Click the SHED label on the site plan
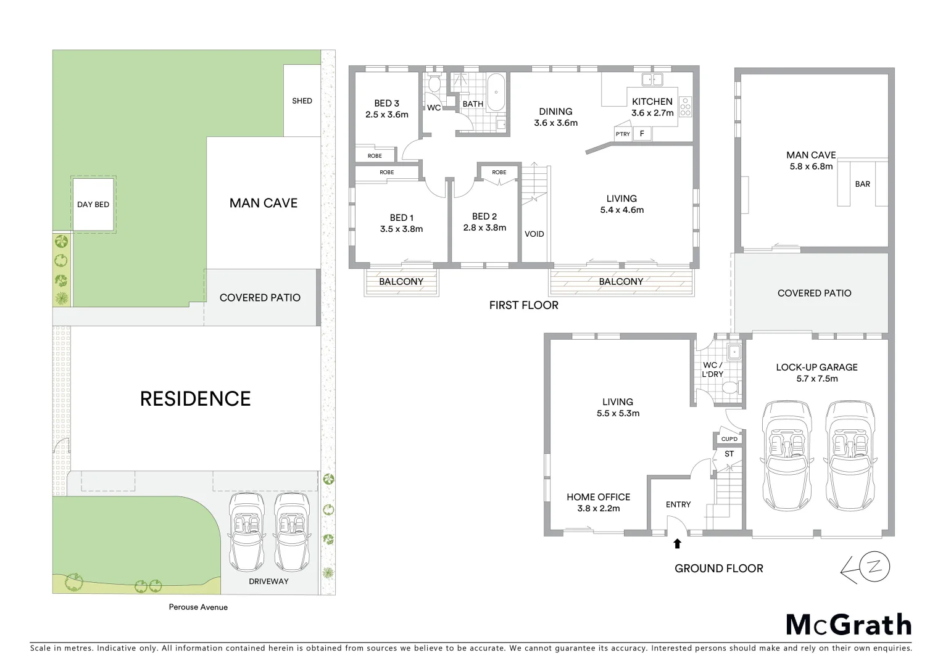[302, 101]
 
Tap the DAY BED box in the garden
[93, 204]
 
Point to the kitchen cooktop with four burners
[685, 107]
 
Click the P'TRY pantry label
[623, 134]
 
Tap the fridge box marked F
[642, 133]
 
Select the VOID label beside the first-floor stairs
[534, 234]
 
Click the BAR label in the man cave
[862, 184]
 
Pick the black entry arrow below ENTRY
[677, 543]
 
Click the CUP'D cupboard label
[729, 439]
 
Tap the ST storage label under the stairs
[729, 454]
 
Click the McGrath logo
[849, 625]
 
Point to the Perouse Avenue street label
[198, 607]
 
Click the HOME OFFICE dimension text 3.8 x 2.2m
[598, 509]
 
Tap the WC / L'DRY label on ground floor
[712, 369]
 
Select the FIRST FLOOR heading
[523, 305]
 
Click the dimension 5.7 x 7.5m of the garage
[816, 379]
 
